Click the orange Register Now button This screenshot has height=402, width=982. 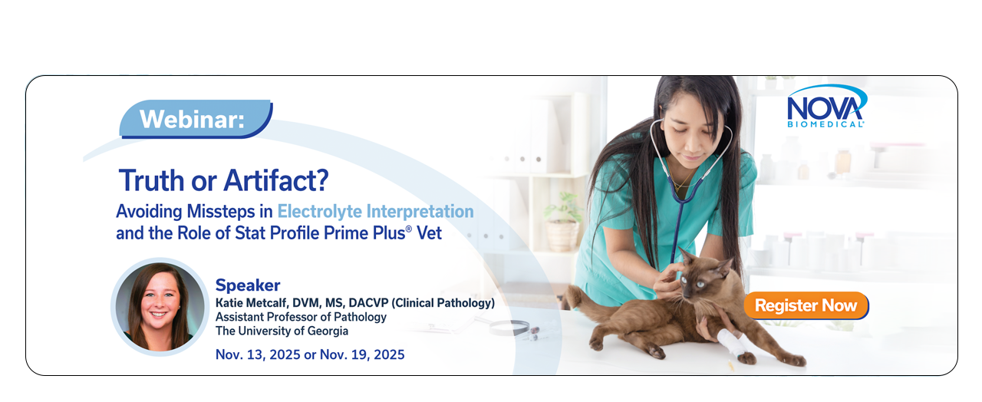[806, 305]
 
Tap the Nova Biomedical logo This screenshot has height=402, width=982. [826, 106]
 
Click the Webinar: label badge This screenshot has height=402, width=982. [196, 119]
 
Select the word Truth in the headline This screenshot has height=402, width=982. [152, 180]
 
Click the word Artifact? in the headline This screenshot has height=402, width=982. [276, 180]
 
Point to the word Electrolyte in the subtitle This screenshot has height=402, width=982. [320, 212]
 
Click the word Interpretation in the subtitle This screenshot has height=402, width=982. [420, 212]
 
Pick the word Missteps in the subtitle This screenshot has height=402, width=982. [221, 211]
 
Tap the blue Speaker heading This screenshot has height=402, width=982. [248, 285]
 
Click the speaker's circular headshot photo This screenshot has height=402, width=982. [160, 307]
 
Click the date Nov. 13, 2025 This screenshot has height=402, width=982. [257, 354]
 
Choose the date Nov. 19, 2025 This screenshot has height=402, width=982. [362, 354]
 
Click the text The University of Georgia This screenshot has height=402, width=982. [282, 331]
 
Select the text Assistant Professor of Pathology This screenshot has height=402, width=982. [301, 317]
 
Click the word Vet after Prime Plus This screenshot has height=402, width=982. [429, 233]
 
